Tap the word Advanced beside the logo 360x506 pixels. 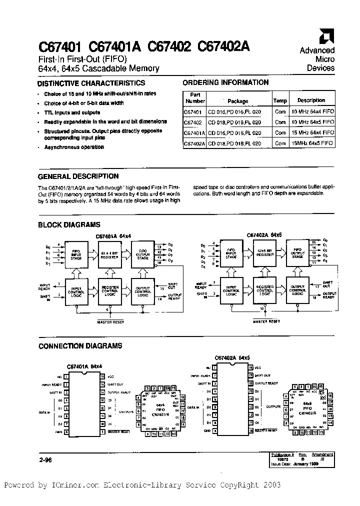pos(317,50)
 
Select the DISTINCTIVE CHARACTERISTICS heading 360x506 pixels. pos(91,83)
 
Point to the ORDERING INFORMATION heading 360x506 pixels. pos(225,82)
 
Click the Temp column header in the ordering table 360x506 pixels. pos(280,100)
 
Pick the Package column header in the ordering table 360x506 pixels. pos(238,100)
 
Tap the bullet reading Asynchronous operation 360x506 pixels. pos(74,147)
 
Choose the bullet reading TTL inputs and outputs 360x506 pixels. pos(72,112)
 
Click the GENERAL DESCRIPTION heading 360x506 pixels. pos(78,176)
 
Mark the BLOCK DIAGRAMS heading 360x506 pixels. pos(69,225)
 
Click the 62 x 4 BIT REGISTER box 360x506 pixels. pos(110,255)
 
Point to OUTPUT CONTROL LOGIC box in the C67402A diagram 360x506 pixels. pos(297,290)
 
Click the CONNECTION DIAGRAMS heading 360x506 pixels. pos(80,345)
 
